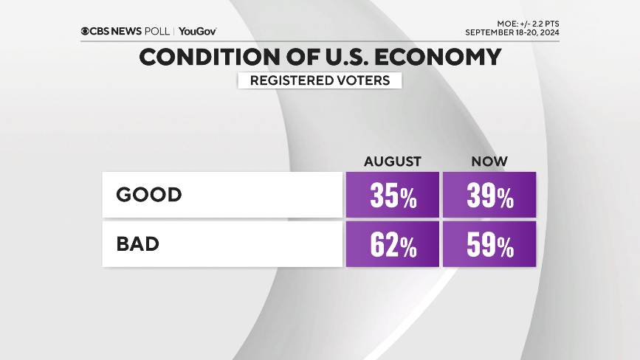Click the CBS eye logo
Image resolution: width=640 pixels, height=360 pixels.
tap(86, 32)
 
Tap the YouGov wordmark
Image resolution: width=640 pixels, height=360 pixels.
tap(198, 32)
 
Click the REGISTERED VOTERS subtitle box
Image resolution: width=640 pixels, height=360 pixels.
tap(320, 80)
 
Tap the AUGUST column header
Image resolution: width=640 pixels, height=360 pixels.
tap(392, 161)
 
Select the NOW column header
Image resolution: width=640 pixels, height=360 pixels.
tap(490, 161)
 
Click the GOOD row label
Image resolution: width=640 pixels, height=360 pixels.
tap(149, 195)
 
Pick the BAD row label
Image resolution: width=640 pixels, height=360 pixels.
tap(138, 244)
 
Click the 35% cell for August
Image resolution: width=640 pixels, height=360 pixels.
tap(392, 195)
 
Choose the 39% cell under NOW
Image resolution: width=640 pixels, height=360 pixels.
tap(489, 195)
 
